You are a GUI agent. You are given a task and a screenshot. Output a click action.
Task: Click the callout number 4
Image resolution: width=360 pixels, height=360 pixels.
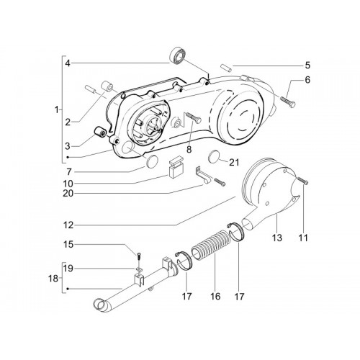click(68, 63)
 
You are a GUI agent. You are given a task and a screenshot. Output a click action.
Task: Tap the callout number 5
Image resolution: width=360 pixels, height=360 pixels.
click(307, 66)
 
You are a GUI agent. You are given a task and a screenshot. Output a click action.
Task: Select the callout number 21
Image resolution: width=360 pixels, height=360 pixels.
click(234, 163)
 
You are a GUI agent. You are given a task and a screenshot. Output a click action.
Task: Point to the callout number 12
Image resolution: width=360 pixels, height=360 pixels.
click(68, 225)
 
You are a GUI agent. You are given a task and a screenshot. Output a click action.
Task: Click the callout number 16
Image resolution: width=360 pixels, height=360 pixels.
click(215, 296)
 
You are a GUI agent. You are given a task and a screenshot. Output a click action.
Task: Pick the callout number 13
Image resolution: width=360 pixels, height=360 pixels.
click(276, 238)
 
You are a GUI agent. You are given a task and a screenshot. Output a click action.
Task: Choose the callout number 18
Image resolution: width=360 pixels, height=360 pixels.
click(53, 279)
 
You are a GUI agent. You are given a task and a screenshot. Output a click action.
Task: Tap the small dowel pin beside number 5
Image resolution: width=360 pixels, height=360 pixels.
click(226, 67)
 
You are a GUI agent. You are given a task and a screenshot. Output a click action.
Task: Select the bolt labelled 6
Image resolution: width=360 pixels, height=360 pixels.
click(287, 102)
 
